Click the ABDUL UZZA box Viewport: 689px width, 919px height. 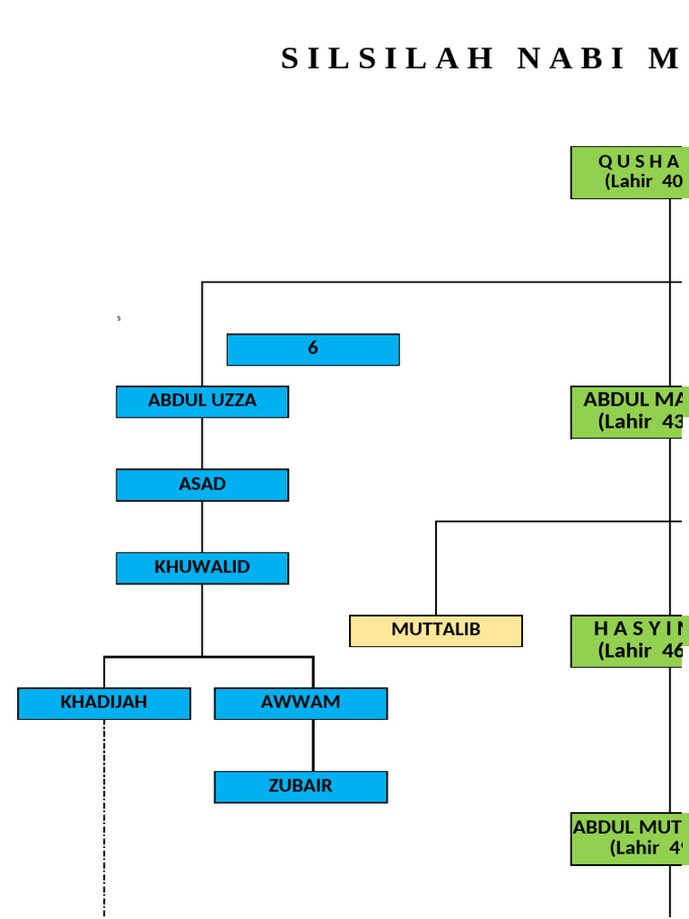point(202,401)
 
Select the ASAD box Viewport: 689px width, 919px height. point(202,485)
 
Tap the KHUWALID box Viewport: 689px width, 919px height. point(202,568)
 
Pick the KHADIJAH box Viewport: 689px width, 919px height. point(104,703)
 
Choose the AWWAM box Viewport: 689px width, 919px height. point(301,703)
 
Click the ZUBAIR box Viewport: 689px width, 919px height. point(301,786)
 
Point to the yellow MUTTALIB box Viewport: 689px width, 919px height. point(436,630)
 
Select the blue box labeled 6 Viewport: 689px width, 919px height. point(313,349)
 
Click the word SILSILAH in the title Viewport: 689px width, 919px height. point(388,58)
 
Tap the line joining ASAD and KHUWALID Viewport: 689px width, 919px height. point(202,526)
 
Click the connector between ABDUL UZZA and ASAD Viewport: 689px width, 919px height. point(202,442)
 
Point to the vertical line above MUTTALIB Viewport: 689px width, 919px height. point(436,567)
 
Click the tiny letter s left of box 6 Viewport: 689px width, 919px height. point(118,319)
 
